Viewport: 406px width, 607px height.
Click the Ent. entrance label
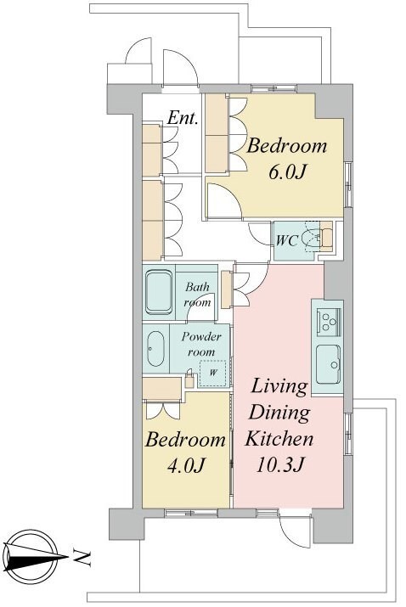183,118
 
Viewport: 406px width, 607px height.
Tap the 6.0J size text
287,171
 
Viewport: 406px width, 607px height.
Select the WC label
287,241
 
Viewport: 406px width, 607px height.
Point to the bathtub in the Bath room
159,292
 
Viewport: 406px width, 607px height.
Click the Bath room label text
198,295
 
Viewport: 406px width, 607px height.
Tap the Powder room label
201,344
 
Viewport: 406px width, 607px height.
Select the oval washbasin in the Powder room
155,349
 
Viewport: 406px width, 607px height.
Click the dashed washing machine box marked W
212,374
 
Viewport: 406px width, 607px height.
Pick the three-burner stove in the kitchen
329,320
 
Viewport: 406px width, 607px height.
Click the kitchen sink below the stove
328,364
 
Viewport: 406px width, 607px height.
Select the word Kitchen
279,439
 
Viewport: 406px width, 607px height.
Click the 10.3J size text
279,464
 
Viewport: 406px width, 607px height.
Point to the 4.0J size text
185,465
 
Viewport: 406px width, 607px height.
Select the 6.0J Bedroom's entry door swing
224,201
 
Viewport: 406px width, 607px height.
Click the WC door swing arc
260,233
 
